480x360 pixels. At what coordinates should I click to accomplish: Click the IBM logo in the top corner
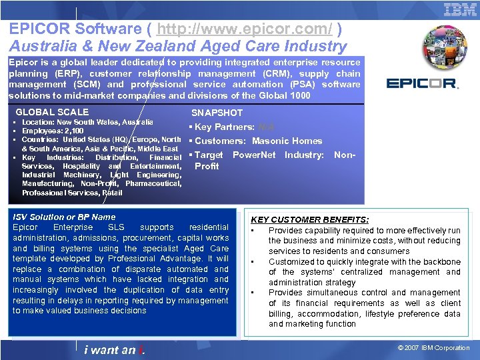click(x=460, y=10)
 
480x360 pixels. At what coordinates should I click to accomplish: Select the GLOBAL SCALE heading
click(x=52, y=112)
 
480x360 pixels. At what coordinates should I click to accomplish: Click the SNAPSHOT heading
click(x=217, y=113)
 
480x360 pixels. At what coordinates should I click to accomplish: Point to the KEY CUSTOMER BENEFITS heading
click(x=309, y=219)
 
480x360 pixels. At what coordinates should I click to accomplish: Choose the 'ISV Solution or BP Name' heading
click(x=64, y=217)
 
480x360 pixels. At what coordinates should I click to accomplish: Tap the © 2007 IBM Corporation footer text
click(x=433, y=347)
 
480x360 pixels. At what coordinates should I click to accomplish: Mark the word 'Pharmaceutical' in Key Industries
click(x=153, y=183)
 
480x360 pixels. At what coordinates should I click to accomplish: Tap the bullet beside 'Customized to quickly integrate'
click(x=253, y=262)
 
